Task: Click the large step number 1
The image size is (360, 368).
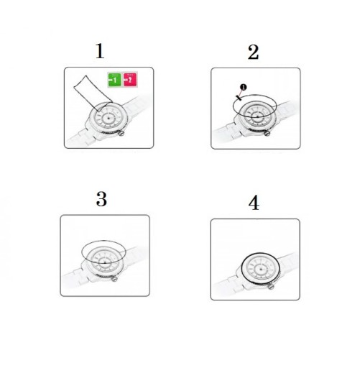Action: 100,51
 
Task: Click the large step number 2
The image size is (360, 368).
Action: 253,52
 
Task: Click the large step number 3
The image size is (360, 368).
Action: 101,199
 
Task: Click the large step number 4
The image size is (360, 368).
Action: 254,203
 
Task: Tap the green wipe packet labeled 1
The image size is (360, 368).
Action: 114,80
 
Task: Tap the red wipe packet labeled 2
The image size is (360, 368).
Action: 130,80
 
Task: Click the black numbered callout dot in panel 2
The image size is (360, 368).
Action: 243,87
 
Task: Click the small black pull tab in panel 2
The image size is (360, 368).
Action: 239,98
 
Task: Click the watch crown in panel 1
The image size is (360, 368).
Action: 121,133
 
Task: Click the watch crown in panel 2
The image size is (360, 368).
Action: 267,133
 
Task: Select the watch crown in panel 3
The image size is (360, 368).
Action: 114,279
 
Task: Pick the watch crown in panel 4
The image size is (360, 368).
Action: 271,286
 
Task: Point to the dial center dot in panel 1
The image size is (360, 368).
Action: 109,118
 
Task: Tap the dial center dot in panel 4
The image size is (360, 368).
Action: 261,270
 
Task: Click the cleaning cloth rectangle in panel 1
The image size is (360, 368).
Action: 93,93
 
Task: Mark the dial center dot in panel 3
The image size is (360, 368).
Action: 105,262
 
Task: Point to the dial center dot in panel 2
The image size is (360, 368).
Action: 258,116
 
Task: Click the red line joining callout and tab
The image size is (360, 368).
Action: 241,93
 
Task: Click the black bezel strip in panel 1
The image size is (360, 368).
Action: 111,132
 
